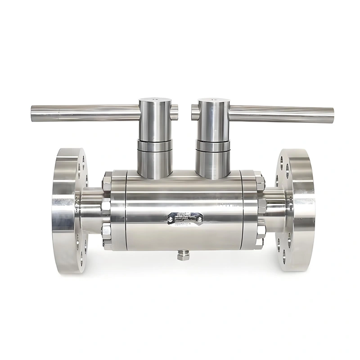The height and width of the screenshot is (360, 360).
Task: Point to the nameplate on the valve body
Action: click(x=185, y=219)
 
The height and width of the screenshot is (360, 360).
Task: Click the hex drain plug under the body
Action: click(x=183, y=255)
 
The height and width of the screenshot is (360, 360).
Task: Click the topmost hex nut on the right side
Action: click(x=260, y=182)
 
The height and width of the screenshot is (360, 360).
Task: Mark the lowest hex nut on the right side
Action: click(x=259, y=243)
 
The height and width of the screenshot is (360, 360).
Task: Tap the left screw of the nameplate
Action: click(x=170, y=220)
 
